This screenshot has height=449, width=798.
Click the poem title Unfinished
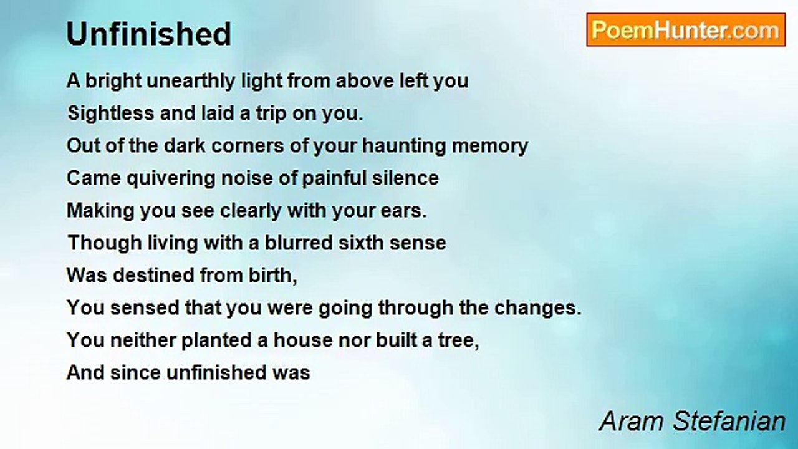tap(149, 34)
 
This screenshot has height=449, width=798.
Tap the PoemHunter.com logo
tap(686, 30)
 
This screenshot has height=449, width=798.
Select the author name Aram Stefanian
tap(692, 422)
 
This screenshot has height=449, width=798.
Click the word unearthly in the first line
tap(191, 81)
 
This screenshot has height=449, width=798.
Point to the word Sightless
tap(111, 113)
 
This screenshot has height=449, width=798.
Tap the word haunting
tap(403, 146)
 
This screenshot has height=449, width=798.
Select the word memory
tap(489, 147)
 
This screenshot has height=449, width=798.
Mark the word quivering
tap(171, 178)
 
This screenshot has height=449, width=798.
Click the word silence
tap(405, 178)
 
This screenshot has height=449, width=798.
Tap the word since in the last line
tap(135, 373)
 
